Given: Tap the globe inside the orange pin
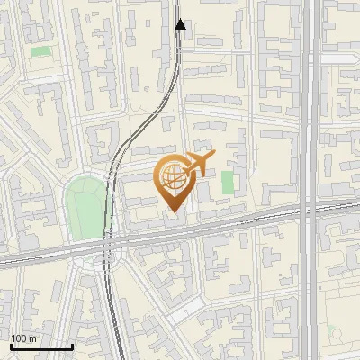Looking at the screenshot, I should (x=172, y=177).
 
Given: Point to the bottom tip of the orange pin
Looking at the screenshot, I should (x=172, y=211).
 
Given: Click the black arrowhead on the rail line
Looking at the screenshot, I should (x=180, y=24).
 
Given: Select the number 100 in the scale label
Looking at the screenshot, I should (x=19, y=338).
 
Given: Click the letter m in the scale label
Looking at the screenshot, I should (x=32, y=338).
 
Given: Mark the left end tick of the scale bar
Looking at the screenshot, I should (x=10, y=346).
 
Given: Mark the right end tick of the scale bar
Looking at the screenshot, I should (x=72, y=346).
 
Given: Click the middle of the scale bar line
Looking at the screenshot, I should (x=40, y=346).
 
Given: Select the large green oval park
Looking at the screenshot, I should (x=85, y=208).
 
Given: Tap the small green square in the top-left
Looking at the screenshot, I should (x=40, y=51).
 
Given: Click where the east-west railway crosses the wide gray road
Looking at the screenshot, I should (x=310, y=211).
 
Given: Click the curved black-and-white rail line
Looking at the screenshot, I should (x=135, y=135).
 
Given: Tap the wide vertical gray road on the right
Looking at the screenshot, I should (x=310, y=108).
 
